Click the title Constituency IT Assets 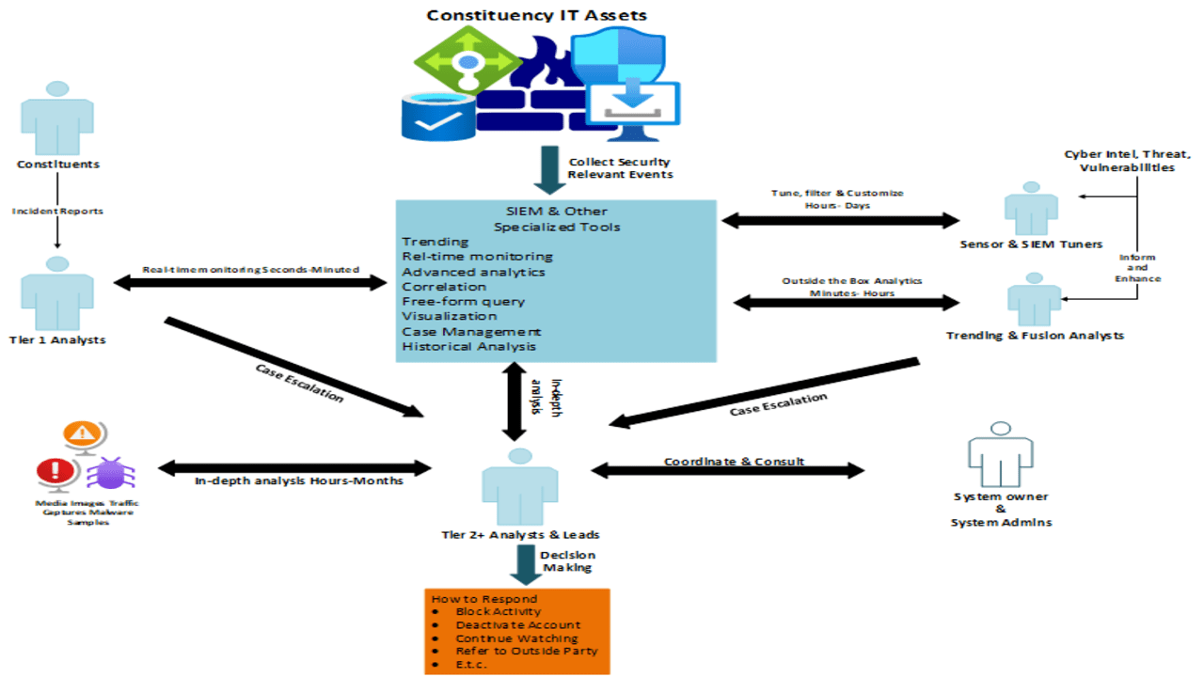[537, 15]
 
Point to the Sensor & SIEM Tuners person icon [1031, 209]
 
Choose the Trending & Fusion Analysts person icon [1034, 299]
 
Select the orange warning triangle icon [84, 434]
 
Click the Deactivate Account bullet [517, 625]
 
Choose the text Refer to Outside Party [526, 652]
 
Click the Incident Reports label [57, 212]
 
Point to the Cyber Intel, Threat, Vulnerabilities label [1128, 161]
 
